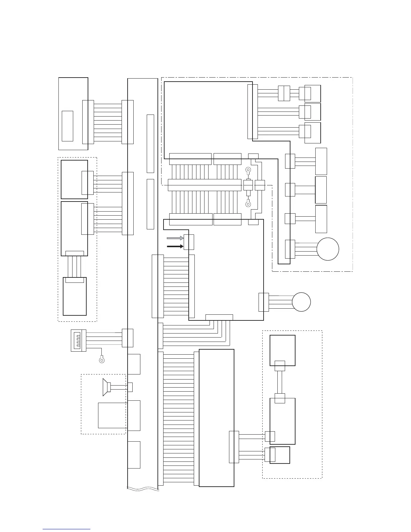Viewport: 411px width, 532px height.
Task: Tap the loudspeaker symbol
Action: [x=106, y=387]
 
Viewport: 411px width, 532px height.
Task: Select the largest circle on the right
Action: [x=328, y=249]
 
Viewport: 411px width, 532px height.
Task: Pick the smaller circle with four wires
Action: [x=301, y=302]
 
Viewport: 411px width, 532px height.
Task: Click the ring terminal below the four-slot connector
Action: [x=102, y=360]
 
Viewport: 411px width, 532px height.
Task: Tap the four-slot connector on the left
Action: [x=79, y=340]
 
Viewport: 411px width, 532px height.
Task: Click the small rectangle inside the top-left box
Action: [x=67, y=126]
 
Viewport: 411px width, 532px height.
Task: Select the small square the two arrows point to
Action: [x=189, y=242]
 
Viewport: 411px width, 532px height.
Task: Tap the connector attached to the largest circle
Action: [x=290, y=249]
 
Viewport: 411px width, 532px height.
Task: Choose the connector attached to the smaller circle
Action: [x=264, y=302]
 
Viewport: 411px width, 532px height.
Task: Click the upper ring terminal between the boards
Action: [x=248, y=170]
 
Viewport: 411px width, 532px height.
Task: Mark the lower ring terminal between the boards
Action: [x=248, y=203]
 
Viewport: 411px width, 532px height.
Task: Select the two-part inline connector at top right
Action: [x=284, y=93]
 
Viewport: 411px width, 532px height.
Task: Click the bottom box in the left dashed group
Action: [x=75, y=296]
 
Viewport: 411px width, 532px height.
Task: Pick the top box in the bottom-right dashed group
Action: [x=282, y=350]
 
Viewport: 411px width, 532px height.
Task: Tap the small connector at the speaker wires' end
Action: [x=130, y=387]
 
